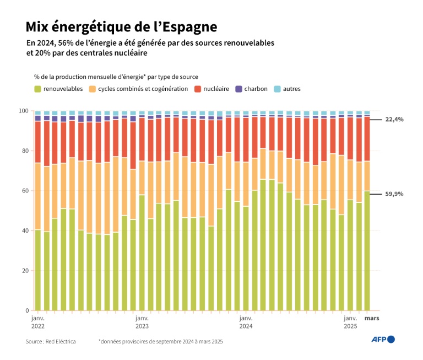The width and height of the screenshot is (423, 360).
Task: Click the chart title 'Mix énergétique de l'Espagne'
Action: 121,26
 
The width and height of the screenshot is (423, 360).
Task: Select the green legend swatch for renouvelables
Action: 37,89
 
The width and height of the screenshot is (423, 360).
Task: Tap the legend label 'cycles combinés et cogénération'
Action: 143,89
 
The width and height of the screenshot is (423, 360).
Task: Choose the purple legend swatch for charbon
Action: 238,89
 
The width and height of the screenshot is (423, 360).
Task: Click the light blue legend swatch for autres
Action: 277,89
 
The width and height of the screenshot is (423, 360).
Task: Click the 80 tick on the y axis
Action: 25,151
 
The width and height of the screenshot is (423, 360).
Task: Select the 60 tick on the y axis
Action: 25,191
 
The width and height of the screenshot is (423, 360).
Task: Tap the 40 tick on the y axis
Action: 25,231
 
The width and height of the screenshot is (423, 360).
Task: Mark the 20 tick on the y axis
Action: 25,271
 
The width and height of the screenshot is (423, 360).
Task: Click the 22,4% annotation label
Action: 394,119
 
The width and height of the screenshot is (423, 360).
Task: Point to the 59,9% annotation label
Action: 394,194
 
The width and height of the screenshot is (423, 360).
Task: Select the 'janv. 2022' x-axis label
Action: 37,323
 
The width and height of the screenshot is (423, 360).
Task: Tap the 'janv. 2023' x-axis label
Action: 142,323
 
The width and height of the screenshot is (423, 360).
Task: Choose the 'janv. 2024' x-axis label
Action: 246,323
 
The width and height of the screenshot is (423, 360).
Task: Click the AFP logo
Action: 383,340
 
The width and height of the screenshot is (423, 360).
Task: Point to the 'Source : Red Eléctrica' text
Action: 51,342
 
